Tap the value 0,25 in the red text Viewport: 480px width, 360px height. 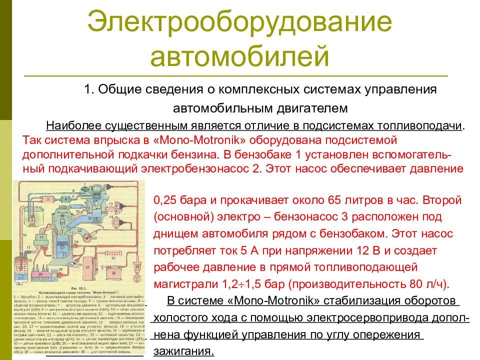[165, 201]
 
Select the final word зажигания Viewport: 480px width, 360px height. [183, 350]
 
